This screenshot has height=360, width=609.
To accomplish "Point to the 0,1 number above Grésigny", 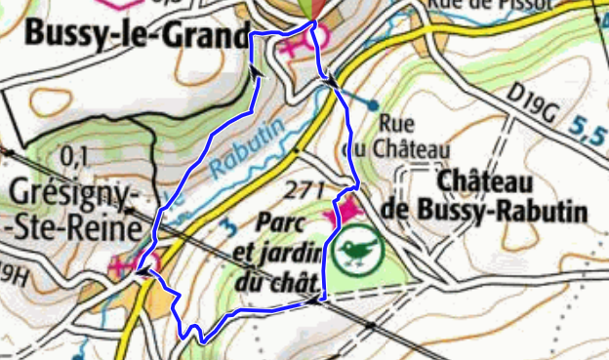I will [73, 154].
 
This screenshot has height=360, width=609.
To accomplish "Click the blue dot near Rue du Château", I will [373, 104].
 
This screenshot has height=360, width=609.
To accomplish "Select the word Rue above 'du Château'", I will [396, 125].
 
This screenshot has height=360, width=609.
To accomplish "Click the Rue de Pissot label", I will [477, 5].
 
